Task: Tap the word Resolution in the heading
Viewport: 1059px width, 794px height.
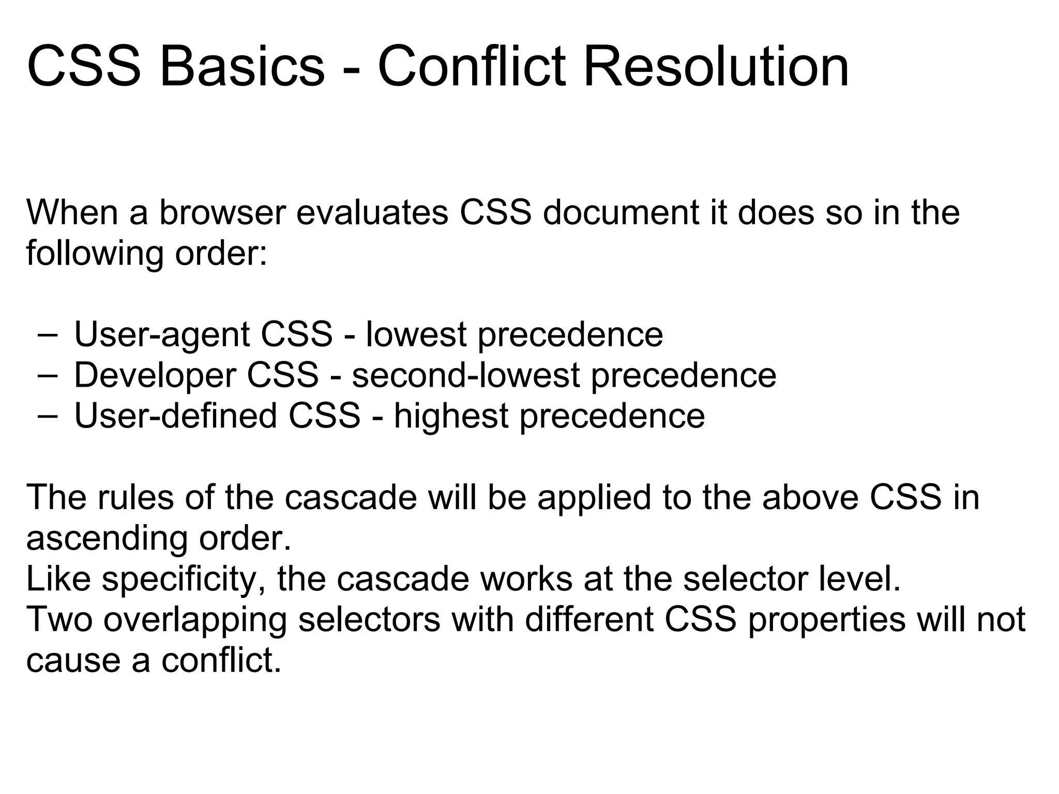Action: [716, 67]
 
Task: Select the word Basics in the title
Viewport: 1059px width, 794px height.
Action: [242, 67]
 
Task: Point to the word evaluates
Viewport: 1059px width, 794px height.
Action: [372, 212]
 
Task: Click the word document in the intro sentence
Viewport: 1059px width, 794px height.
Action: [620, 212]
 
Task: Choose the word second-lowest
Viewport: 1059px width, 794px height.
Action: [465, 375]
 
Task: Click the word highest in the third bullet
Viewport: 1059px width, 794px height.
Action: [451, 416]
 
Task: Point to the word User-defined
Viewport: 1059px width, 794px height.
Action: [176, 416]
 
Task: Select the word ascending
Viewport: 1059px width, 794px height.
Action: [107, 539]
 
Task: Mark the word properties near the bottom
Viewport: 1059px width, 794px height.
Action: [826, 620]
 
